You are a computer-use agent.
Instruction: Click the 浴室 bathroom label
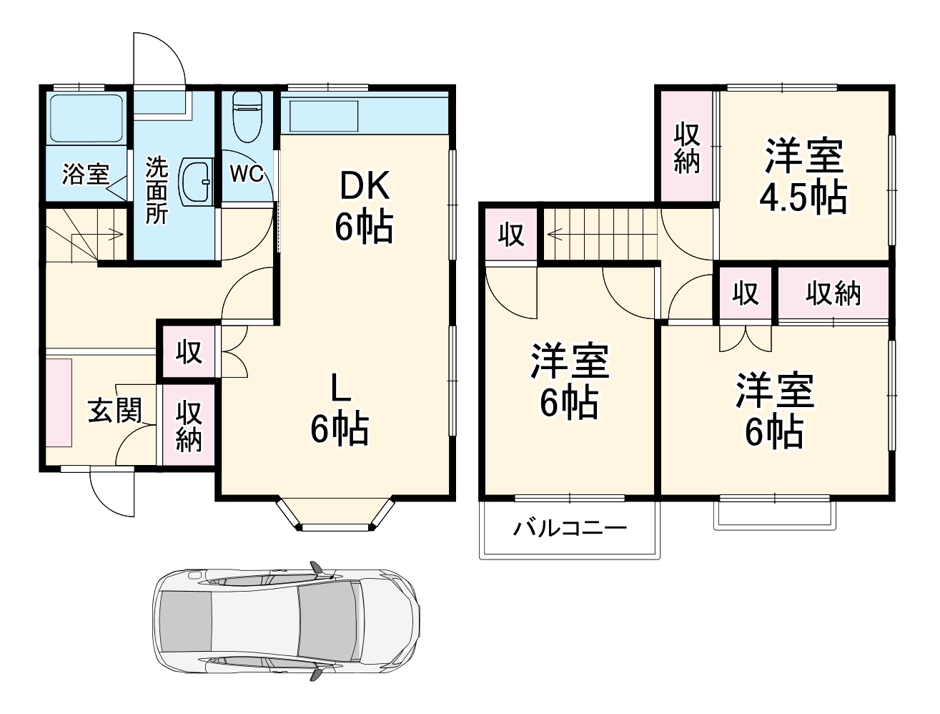click(x=85, y=175)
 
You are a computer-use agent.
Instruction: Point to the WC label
click(x=247, y=173)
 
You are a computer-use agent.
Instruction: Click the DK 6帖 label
click(x=364, y=207)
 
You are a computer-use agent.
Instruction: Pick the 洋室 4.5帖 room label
click(x=804, y=177)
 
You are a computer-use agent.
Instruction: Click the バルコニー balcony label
click(x=570, y=529)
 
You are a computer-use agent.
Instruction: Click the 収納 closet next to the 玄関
click(x=189, y=426)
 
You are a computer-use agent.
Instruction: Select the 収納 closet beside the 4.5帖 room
click(x=687, y=147)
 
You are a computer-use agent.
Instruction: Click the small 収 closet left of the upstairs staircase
click(x=510, y=235)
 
